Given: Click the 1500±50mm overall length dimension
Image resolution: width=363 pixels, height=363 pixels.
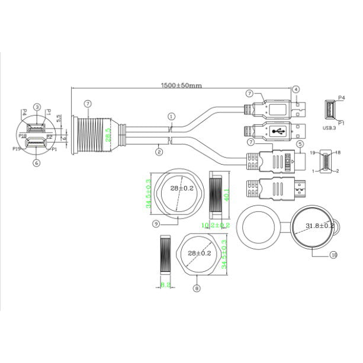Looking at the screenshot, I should pyautogui.click(x=182, y=85).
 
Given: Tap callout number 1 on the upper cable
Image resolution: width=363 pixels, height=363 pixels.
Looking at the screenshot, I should pyautogui.click(x=171, y=116).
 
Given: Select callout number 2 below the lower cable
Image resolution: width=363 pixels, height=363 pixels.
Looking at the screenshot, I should pyautogui.click(x=159, y=152).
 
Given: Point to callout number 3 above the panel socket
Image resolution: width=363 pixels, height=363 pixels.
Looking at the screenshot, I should pyautogui.click(x=37, y=107).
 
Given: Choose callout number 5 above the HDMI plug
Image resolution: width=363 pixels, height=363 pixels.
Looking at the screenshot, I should pyautogui.click(x=300, y=143).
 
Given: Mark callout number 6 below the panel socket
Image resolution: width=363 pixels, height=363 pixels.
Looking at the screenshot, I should pyautogui.click(x=37, y=163).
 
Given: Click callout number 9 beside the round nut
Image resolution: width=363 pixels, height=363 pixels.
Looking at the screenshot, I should pyautogui.click(x=156, y=224).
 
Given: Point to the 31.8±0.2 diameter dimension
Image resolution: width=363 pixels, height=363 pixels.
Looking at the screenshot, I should pyautogui.click(x=320, y=226).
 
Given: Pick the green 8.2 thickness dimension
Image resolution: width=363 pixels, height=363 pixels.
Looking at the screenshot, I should pyautogui.click(x=165, y=285).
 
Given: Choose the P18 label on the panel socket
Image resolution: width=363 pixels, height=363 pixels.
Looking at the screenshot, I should pyautogui.click(x=22, y=136).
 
